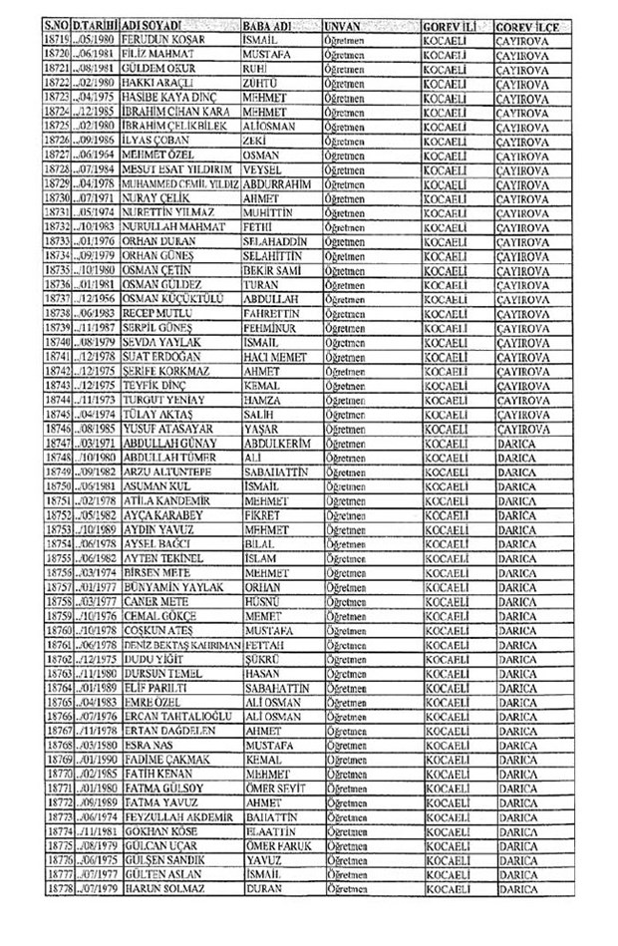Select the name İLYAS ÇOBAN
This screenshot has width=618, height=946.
tap(156, 142)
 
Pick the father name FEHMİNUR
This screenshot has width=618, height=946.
tap(272, 328)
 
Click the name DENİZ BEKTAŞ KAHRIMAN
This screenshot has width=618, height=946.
tap(180, 645)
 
